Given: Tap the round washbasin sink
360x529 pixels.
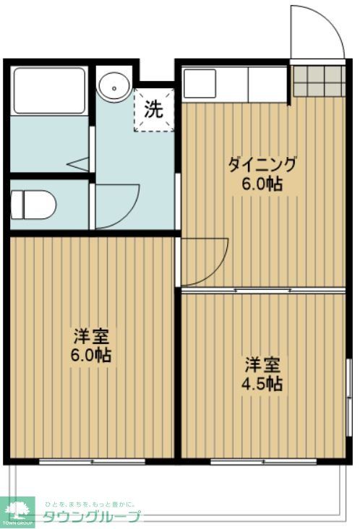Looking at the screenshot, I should [113, 87].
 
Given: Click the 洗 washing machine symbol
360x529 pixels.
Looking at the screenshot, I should [153, 110].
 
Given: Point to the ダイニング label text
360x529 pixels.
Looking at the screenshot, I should [262, 165].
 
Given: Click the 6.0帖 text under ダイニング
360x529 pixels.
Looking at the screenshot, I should [262, 184].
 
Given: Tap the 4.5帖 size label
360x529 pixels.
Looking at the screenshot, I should [261, 383].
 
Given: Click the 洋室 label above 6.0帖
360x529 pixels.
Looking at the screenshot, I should [91, 337].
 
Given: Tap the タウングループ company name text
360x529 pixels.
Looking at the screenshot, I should [93, 516].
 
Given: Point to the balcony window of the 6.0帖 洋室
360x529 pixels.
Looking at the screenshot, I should [92, 461].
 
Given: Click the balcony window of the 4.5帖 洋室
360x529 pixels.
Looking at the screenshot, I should [263, 461].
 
